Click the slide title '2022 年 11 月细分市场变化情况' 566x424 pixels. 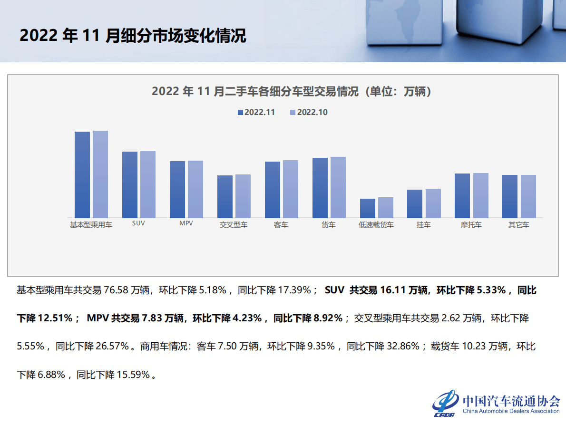[133, 36]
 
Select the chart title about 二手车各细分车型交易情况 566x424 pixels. [292, 91]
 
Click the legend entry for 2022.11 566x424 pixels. [256, 113]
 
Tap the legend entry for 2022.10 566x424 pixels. [309, 113]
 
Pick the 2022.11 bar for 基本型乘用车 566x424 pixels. [82, 174]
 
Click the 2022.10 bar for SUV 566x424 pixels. [148, 184]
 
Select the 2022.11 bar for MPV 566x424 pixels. [177, 189]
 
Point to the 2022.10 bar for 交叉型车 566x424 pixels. [243, 196]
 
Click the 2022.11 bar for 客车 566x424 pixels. [273, 190]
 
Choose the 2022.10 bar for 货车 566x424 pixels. [338, 187]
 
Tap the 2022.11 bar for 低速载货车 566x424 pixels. [368, 208]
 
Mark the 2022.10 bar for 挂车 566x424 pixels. [433, 203]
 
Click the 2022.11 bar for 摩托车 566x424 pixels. [462, 195]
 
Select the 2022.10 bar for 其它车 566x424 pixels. [528, 196]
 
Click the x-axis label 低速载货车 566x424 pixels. [376, 225]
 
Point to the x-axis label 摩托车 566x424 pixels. [471, 225]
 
